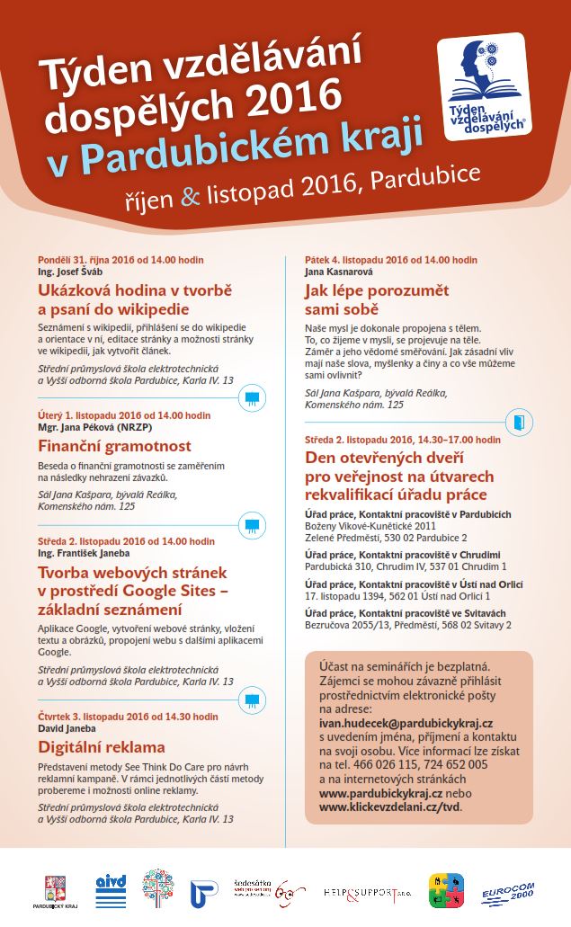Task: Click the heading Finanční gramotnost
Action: pos(114,446)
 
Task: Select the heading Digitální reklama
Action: pos(102,746)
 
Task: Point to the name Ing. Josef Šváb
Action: pos(70,271)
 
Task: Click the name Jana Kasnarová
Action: pos(339,271)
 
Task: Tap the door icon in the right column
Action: pos(520,422)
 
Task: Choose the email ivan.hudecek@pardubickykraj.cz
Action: pos(406,722)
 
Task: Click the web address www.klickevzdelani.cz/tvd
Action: pos(389,807)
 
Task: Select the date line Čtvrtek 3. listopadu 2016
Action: pos(128,717)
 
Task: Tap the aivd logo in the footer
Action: pos(110,892)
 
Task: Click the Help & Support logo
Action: pos(368,892)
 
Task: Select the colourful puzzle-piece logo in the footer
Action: pos(446,891)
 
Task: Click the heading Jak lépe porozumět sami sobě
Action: pos(377,300)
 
